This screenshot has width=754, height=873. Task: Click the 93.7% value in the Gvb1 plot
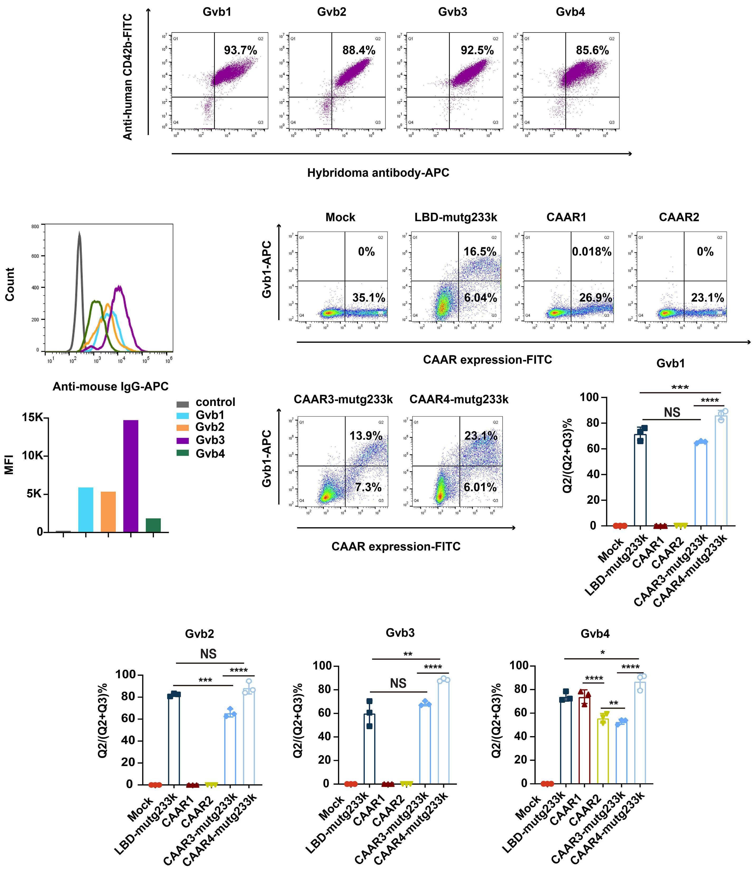240,50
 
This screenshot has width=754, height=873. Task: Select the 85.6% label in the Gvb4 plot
592,50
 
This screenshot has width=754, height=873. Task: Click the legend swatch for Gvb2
182,427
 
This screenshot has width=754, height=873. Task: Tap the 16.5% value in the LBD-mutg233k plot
480,252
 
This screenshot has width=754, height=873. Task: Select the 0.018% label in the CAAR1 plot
592,252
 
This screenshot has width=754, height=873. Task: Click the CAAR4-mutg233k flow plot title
459,399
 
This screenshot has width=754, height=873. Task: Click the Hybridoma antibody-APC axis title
378,173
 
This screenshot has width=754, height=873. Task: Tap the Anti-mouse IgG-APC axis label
110,386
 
